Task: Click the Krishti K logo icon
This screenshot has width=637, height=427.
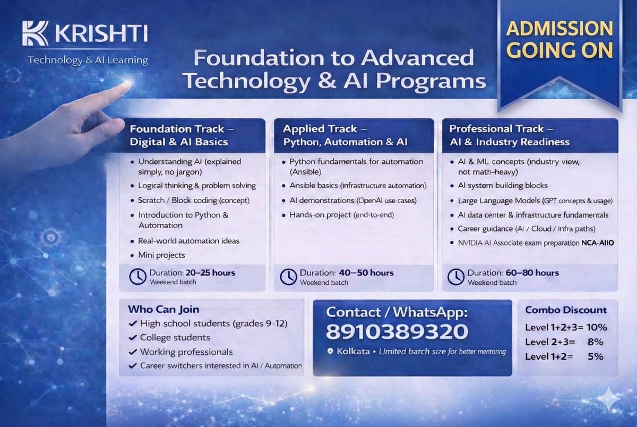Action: coord(35,33)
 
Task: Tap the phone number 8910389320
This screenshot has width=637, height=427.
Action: coord(397,332)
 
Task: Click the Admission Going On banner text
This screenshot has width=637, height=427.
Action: coord(560,39)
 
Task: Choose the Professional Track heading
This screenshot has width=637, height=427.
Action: coord(509,135)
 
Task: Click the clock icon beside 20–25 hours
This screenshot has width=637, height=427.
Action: coord(137,276)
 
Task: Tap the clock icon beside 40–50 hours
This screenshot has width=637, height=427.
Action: coord(288,276)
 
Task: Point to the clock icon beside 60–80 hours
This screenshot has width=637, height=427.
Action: coord(456,276)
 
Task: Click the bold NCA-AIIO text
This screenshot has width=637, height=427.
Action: coord(597,243)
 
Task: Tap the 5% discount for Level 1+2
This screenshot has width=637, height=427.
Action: coord(596,356)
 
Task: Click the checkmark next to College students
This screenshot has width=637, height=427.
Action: coord(133,338)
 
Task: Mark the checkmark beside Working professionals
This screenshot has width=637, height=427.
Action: coord(133,352)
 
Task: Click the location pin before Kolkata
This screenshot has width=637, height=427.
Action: coord(330,352)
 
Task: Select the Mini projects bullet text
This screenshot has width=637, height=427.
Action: coord(161,255)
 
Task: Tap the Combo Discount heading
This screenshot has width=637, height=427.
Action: coord(565,310)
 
